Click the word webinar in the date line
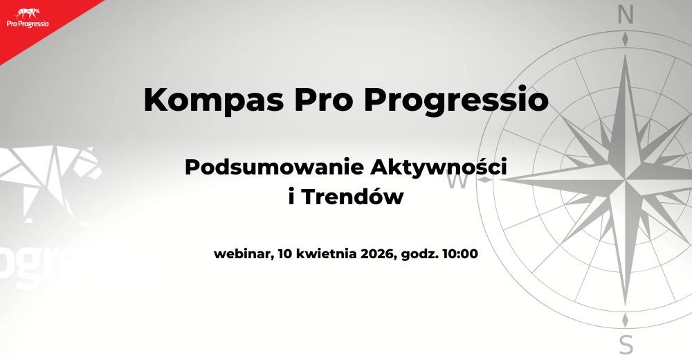(242, 253)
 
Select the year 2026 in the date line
(377, 253)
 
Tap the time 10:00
(459, 253)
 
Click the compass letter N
(626, 15)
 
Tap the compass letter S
(626, 344)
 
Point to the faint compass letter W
(457, 181)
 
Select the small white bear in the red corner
(27, 12)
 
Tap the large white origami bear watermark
(52, 177)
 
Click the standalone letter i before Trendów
(290, 197)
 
